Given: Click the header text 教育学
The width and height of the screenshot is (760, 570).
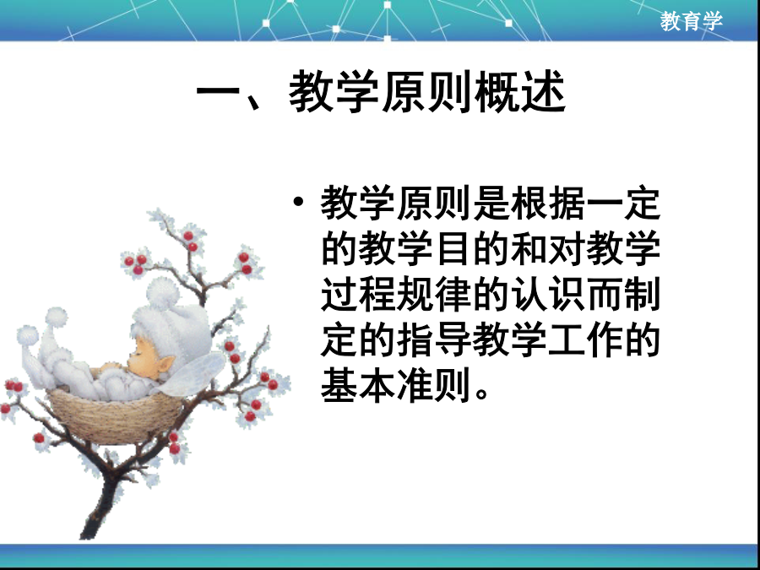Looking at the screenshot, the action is (691, 21).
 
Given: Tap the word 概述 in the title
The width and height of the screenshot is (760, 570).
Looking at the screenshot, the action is (520, 91).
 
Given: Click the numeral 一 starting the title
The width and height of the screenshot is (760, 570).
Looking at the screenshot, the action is (218, 91).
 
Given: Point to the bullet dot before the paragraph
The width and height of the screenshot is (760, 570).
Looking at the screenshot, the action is (298, 201).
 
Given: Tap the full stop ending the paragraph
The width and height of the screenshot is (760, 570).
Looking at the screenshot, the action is (481, 393).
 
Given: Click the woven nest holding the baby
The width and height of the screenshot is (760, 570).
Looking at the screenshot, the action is (116, 417).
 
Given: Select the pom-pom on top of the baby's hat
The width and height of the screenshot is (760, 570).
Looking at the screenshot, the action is (163, 293).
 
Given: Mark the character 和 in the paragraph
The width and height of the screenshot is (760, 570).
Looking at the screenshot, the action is (529, 248).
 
